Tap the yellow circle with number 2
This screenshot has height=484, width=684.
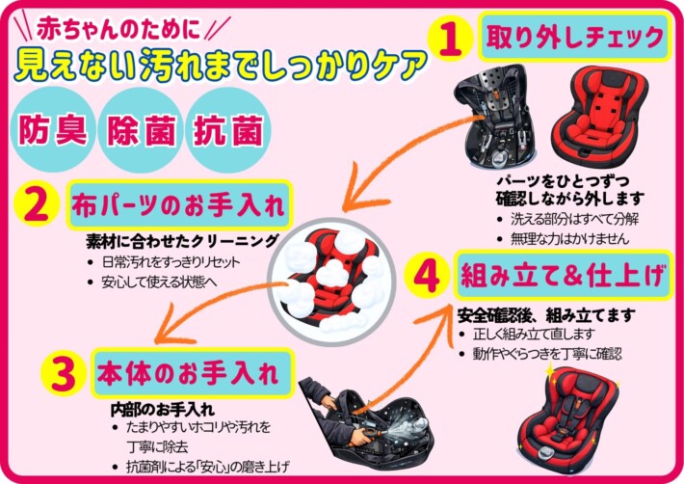37,204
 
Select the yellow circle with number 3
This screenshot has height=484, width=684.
64,373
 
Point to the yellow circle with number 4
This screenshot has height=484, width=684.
427,277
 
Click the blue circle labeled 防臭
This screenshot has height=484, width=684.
52,129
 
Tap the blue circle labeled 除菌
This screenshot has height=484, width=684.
141,129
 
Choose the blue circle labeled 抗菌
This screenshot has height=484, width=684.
228,129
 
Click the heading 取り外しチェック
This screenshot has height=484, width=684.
575,37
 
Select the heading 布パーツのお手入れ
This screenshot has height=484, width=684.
178,205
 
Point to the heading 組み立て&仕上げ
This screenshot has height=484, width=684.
564,276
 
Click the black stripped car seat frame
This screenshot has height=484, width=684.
495,116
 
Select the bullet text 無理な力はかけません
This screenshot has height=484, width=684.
569,239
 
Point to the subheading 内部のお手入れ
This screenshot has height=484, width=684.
162,410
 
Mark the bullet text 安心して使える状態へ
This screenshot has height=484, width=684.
159,282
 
